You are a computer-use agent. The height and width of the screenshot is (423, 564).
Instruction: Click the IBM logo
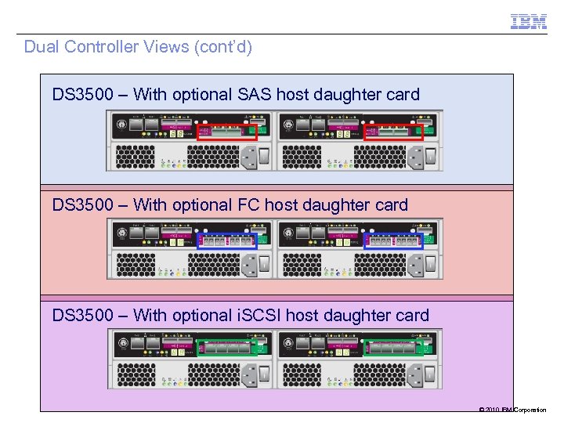point(529,22)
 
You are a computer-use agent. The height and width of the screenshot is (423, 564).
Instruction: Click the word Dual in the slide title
point(42,47)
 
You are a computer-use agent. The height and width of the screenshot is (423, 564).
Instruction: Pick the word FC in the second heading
point(248,206)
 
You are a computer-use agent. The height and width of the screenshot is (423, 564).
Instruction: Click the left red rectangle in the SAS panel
point(227,132)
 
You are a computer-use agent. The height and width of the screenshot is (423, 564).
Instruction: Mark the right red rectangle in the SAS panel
point(394,132)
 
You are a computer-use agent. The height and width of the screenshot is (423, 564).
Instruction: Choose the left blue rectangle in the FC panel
point(227,241)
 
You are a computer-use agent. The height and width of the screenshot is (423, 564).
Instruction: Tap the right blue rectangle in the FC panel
point(394,241)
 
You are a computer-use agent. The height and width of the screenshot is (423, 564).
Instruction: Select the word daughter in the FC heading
point(331,206)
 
